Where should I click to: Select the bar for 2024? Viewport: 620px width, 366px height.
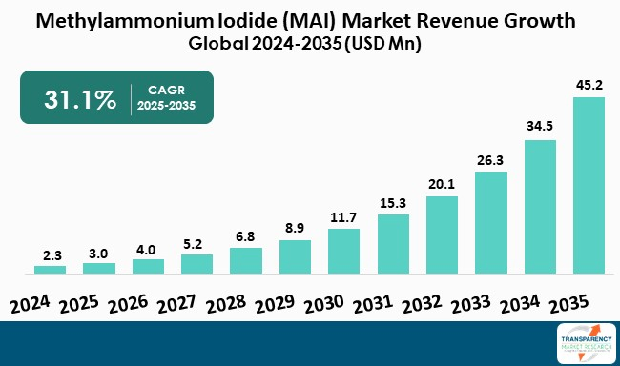[x=51, y=270]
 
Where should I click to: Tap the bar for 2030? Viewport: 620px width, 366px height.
[x=344, y=251]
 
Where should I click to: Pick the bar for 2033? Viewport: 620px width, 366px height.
[x=491, y=222]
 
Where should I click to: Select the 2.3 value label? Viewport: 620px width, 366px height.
[x=51, y=254]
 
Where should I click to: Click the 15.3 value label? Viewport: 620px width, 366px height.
[x=393, y=202]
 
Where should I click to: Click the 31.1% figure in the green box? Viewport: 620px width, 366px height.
[x=81, y=98]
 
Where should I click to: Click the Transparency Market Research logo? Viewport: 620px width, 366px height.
[x=585, y=343]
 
